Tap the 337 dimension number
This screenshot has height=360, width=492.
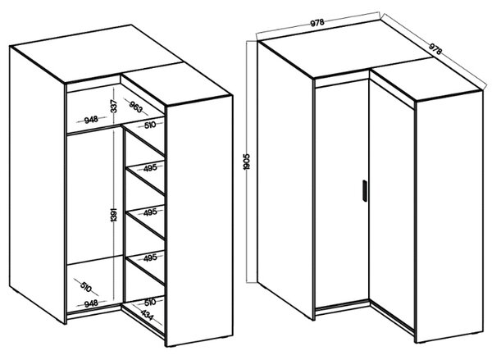tap(114, 106)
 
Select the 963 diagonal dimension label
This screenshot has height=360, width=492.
tap(135, 107)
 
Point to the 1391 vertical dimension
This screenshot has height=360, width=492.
tap(114, 215)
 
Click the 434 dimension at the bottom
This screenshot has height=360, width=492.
tap(147, 315)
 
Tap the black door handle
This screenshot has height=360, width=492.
tap(365, 190)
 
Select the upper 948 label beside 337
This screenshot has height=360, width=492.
tap(91, 120)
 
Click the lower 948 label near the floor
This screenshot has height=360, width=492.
tap(91, 303)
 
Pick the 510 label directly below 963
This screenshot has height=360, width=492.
tap(150, 125)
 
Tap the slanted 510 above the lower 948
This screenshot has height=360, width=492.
tap(85, 286)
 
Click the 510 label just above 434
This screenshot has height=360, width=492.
tap(150, 303)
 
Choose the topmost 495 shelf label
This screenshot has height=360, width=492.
tap(150, 168)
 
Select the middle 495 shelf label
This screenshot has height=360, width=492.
tap(150, 212)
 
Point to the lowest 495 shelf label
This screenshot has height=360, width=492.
tap(150, 258)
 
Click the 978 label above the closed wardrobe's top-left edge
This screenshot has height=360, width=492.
tap(317, 23)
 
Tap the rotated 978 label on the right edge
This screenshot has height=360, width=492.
tap(435, 48)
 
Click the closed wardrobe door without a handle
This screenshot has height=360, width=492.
tap(392, 204)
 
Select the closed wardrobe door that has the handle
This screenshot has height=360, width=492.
tap(342, 193)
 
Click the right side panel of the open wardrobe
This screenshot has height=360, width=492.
tap(199, 220)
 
